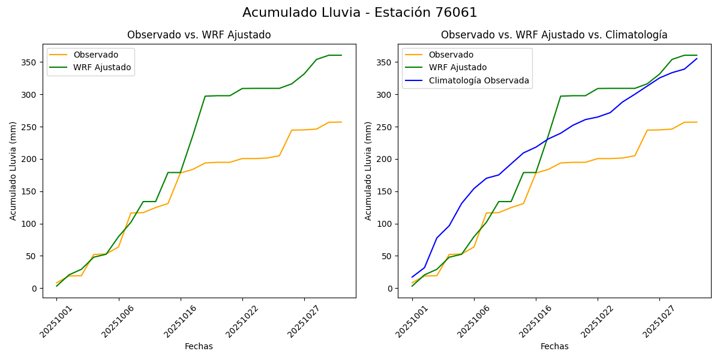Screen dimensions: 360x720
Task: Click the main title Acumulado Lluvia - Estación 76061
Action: (x=360, y=13)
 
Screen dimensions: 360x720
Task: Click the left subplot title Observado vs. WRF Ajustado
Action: (x=199, y=35)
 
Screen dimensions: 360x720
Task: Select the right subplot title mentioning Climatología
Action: (x=554, y=35)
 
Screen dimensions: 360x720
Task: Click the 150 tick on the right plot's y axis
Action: (x=386, y=191)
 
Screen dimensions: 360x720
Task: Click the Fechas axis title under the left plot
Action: (x=199, y=346)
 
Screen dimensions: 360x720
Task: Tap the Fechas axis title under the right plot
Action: (x=554, y=346)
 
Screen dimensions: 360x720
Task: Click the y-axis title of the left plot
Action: (x=13, y=170)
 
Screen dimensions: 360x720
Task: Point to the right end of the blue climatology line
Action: (x=697, y=58)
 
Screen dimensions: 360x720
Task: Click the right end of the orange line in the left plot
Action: (x=341, y=122)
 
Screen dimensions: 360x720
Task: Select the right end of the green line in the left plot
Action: (x=341, y=55)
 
